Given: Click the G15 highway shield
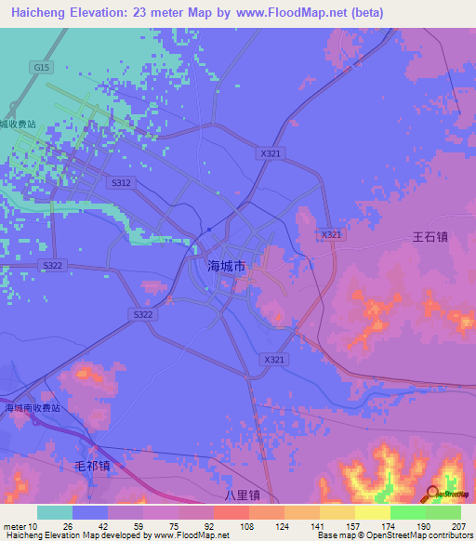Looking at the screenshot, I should pyautogui.click(x=40, y=67).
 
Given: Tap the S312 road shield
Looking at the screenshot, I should pyautogui.click(x=122, y=183).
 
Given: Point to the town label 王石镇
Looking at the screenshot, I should pyautogui.click(x=430, y=236).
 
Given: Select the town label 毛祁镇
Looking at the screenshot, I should pyautogui.click(x=92, y=465).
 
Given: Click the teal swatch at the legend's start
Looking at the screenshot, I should pyautogui.click(x=54, y=512).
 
